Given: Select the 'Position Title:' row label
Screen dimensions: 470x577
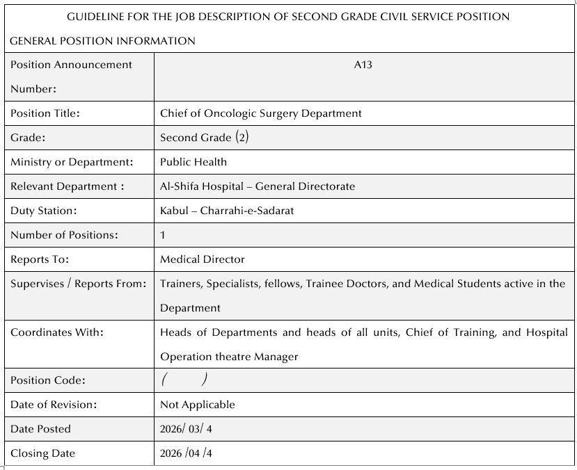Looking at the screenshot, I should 45,113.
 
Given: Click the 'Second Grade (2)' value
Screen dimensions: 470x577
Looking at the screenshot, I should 204,138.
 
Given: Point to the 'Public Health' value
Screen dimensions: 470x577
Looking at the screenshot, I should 193,162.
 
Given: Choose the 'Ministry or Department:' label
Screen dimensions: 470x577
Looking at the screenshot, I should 72,162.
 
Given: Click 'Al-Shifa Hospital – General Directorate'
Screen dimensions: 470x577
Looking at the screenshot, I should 258,186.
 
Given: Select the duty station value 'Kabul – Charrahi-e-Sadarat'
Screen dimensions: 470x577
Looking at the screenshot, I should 227,211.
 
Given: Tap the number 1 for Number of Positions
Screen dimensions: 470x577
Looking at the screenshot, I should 163,235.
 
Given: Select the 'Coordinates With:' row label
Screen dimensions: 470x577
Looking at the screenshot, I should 57,332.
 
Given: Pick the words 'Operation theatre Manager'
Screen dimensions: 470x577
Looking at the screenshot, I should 229,357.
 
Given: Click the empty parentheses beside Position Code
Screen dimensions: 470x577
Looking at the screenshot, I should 184,380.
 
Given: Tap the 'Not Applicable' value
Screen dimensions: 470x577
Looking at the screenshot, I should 198,405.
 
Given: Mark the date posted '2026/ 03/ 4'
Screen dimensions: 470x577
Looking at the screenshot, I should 186,429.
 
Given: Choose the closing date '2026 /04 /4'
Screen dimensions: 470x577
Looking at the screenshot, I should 186,453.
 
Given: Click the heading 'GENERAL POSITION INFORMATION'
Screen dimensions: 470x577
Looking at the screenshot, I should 102,41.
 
